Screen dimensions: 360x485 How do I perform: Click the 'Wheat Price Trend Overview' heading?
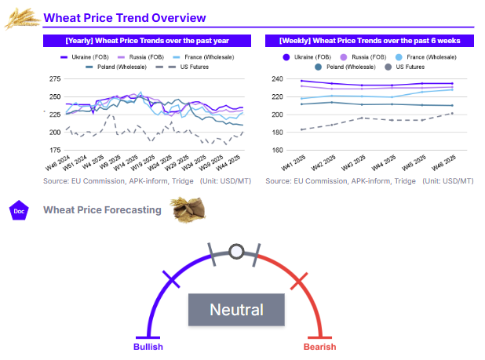[125, 17]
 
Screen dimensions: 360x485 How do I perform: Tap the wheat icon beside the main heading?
[23, 18]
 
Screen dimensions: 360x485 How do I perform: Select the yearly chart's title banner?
[147, 40]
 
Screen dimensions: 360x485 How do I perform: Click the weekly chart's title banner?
[369, 40]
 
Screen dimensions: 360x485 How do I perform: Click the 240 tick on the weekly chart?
[277, 79]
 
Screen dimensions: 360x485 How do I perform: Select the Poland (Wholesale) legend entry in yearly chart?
[110, 67]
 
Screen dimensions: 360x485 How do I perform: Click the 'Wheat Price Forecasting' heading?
[102, 209]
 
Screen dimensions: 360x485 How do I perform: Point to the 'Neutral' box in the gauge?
[236, 310]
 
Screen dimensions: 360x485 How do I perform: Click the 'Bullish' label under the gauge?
[148, 347]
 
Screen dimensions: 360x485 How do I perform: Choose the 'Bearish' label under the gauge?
[319, 347]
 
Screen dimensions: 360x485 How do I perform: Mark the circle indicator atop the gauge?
[236, 252]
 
